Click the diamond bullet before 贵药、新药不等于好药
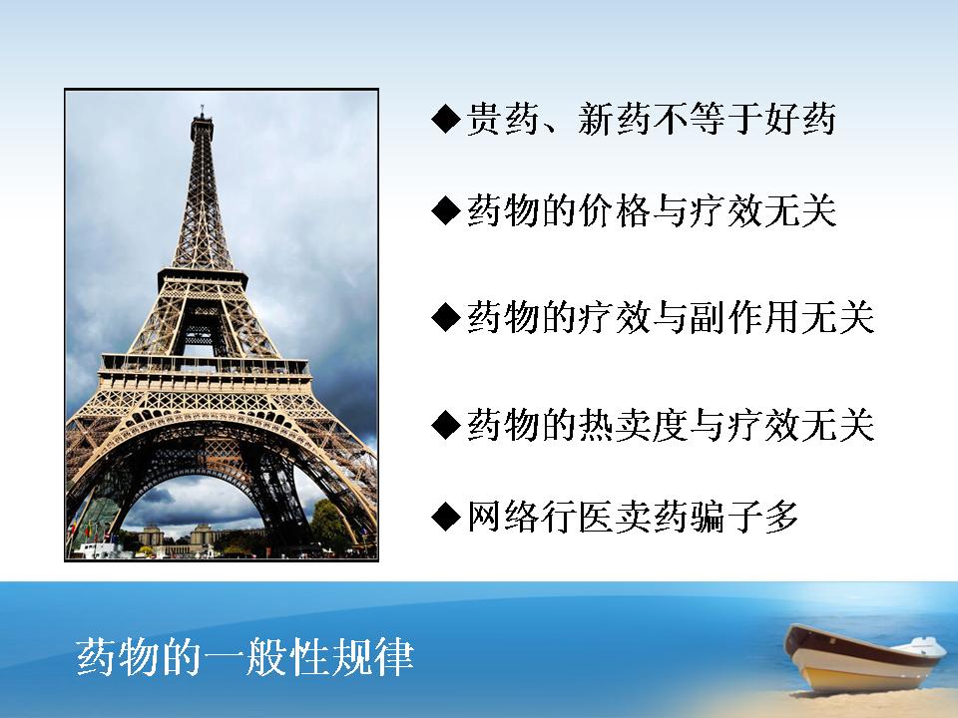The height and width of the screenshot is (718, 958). click(x=445, y=119)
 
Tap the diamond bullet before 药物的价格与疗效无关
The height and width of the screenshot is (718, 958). click(x=445, y=211)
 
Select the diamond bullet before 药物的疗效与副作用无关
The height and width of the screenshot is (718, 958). click(x=445, y=317)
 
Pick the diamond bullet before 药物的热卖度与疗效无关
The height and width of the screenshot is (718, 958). click(x=445, y=425)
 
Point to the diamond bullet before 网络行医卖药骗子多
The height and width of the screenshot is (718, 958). click(x=445, y=517)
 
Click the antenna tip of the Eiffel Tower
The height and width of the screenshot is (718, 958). click(x=202, y=108)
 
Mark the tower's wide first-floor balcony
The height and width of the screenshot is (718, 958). click(x=205, y=369)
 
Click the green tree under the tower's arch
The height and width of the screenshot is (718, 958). click(x=331, y=527)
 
